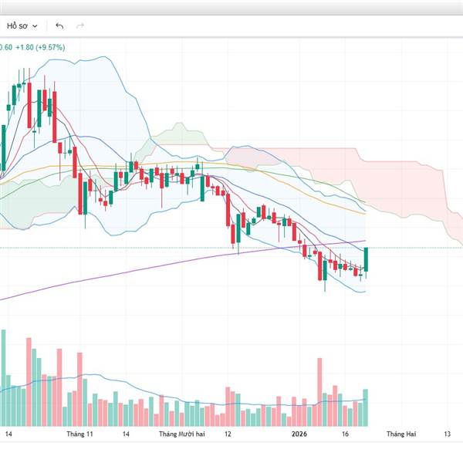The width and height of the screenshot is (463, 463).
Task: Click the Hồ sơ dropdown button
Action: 22,25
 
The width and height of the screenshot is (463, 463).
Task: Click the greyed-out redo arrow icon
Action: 79,25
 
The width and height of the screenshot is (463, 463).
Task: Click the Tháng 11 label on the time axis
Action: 80,434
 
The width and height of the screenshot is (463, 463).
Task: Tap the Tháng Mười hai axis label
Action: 183,434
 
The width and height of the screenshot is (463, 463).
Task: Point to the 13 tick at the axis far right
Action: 448,434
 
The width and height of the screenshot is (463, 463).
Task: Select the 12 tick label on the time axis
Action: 228,434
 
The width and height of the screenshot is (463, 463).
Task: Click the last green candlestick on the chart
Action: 366,259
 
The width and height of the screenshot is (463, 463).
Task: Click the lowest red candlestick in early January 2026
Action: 319,267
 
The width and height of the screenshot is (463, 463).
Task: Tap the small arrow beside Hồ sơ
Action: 35,25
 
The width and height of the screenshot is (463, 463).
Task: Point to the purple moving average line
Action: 116,274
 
